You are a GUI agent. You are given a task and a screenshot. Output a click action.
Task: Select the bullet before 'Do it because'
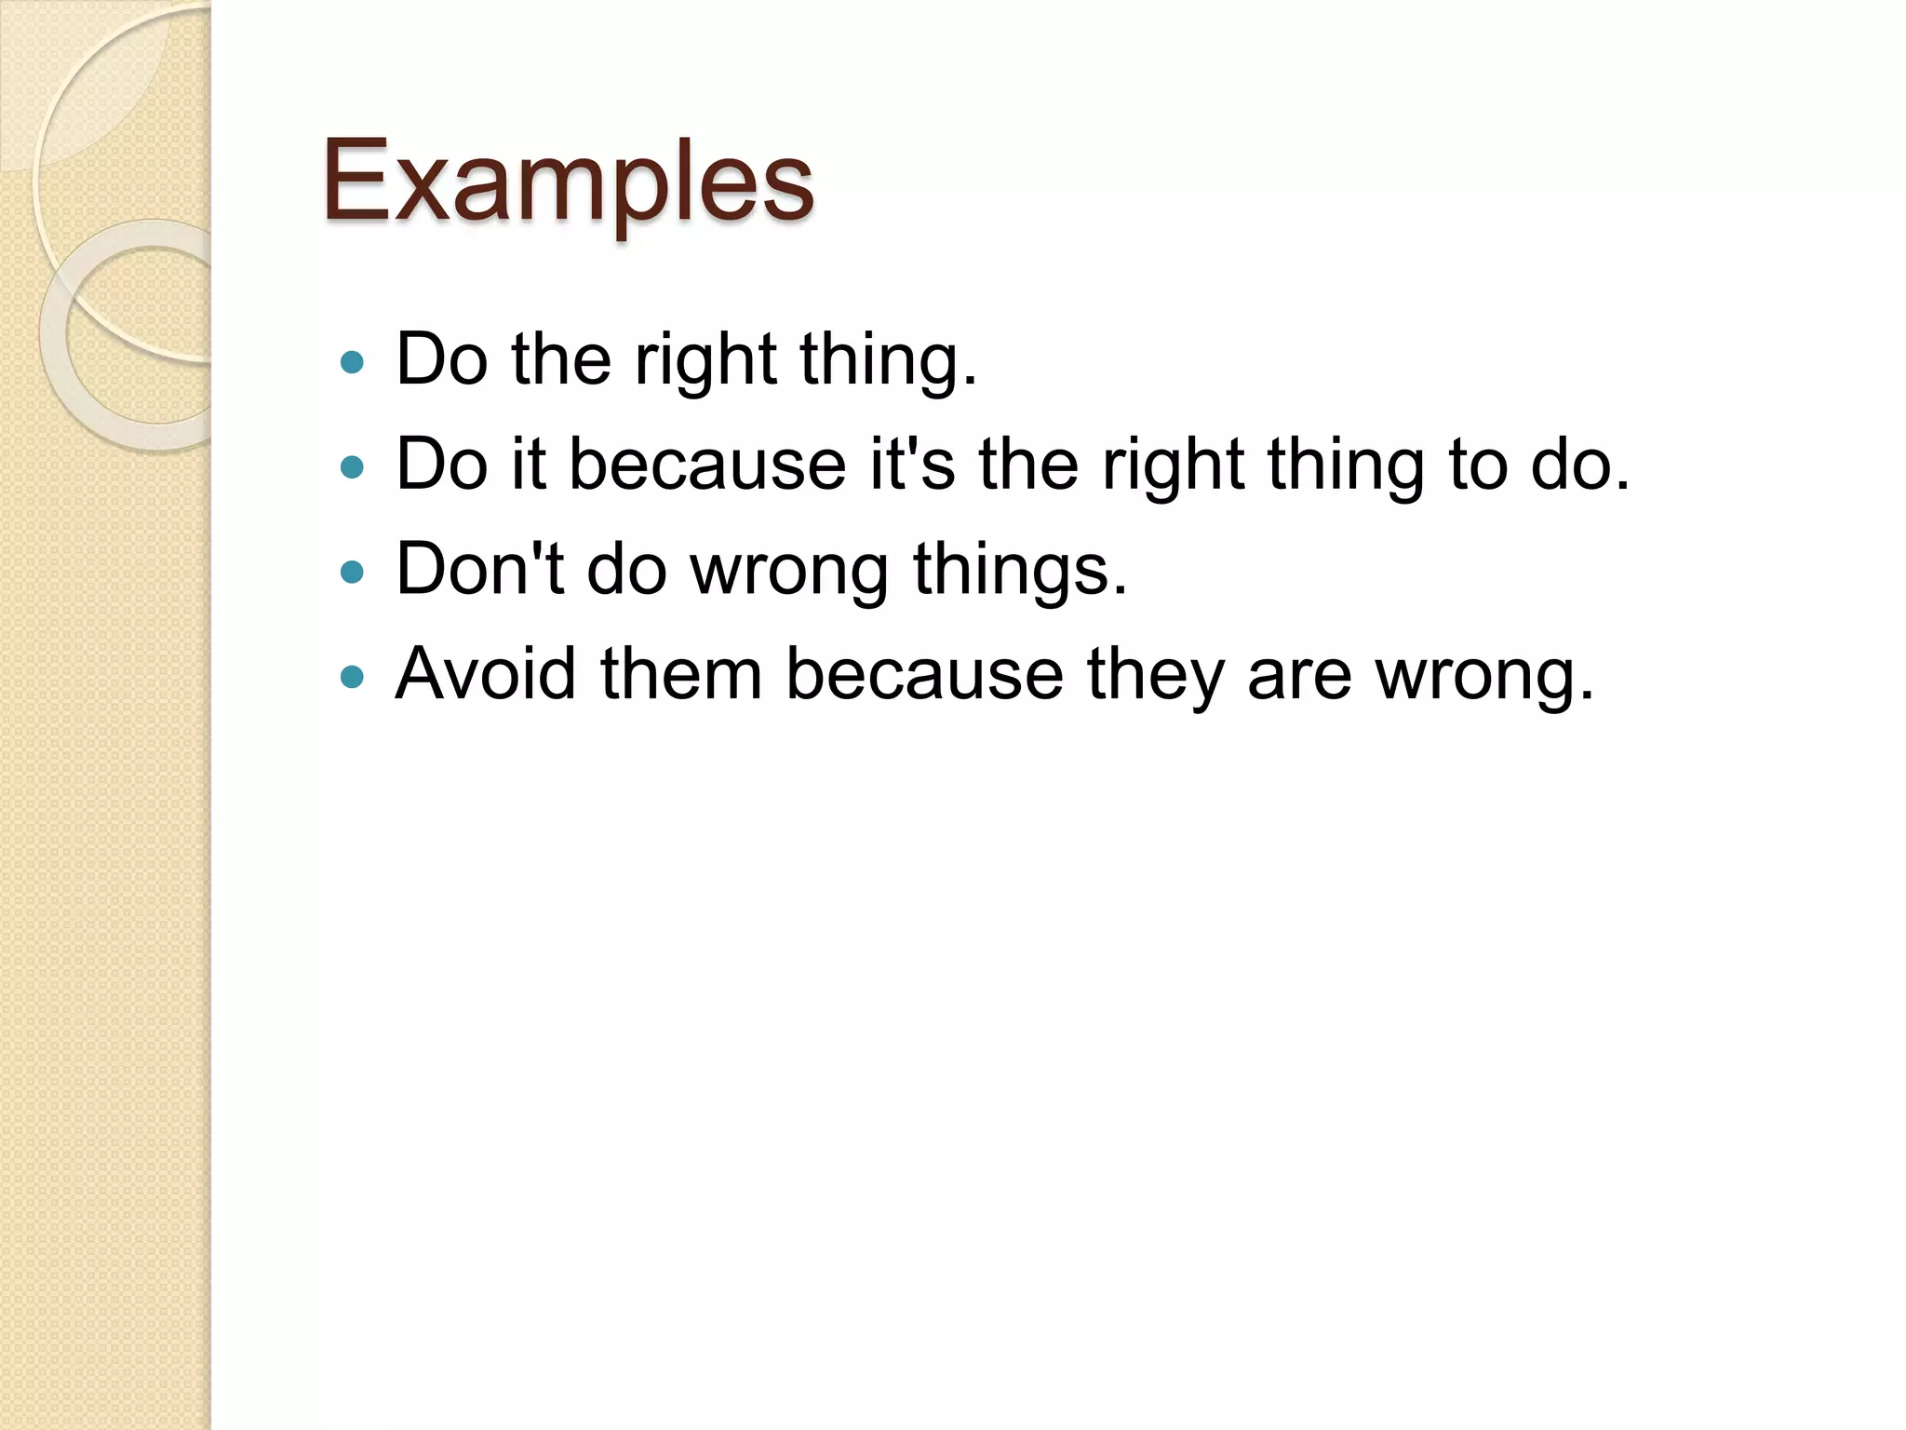tap(352, 466)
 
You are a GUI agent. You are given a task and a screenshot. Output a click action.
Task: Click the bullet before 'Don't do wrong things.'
tap(352, 571)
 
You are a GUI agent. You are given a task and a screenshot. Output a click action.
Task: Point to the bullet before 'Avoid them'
tap(352, 676)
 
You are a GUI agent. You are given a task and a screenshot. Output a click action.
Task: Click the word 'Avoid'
tap(485, 673)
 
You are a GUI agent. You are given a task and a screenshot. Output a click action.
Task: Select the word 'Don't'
tap(479, 568)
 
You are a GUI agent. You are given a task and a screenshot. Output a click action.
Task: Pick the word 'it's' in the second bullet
tap(912, 464)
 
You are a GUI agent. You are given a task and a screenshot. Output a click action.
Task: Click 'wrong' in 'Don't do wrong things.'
tap(789, 570)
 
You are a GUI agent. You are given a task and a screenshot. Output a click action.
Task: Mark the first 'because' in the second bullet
tap(707, 464)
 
